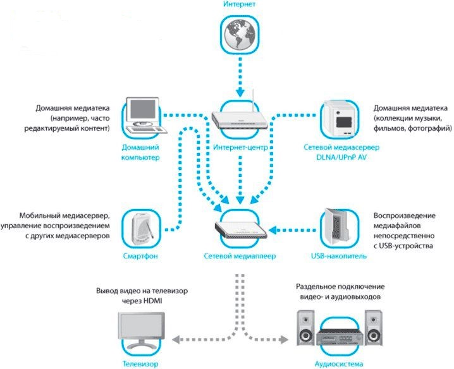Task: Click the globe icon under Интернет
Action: pyautogui.click(x=238, y=35)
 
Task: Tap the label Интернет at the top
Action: pyautogui.click(x=238, y=5)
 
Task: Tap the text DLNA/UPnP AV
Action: pyautogui.click(x=341, y=157)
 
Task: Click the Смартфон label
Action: pyautogui.click(x=140, y=257)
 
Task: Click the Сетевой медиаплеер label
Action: pyautogui.click(x=240, y=257)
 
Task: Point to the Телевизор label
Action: pyautogui.click(x=140, y=364)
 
